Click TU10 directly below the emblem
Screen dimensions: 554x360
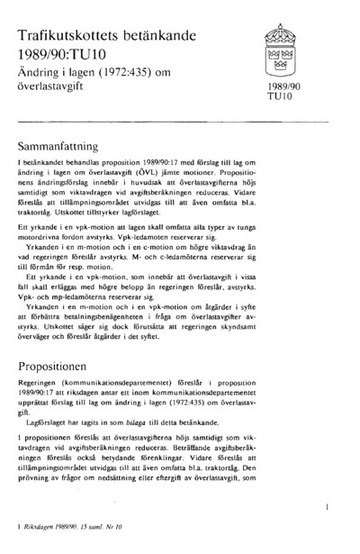click(276, 96)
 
